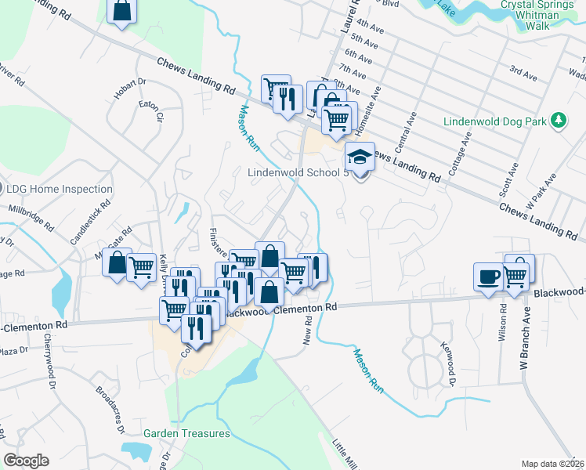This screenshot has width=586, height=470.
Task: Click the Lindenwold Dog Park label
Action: pyautogui.click(x=494, y=121)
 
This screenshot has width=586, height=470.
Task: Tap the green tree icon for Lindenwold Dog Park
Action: pyautogui.click(x=559, y=121)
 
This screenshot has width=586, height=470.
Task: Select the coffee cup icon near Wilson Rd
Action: pyautogui.click(x=489, y=277)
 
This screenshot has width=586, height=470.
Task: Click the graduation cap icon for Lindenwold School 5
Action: pyautogui.click(x=358, y=157)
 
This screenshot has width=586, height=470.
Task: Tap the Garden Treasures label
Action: pyautogui.click(x=186, y=433)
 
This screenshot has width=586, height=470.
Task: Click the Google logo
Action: pyautogui.click(x=27, y=461)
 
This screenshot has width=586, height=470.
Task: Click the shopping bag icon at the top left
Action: pyautogui.click(x=122, y=11)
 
